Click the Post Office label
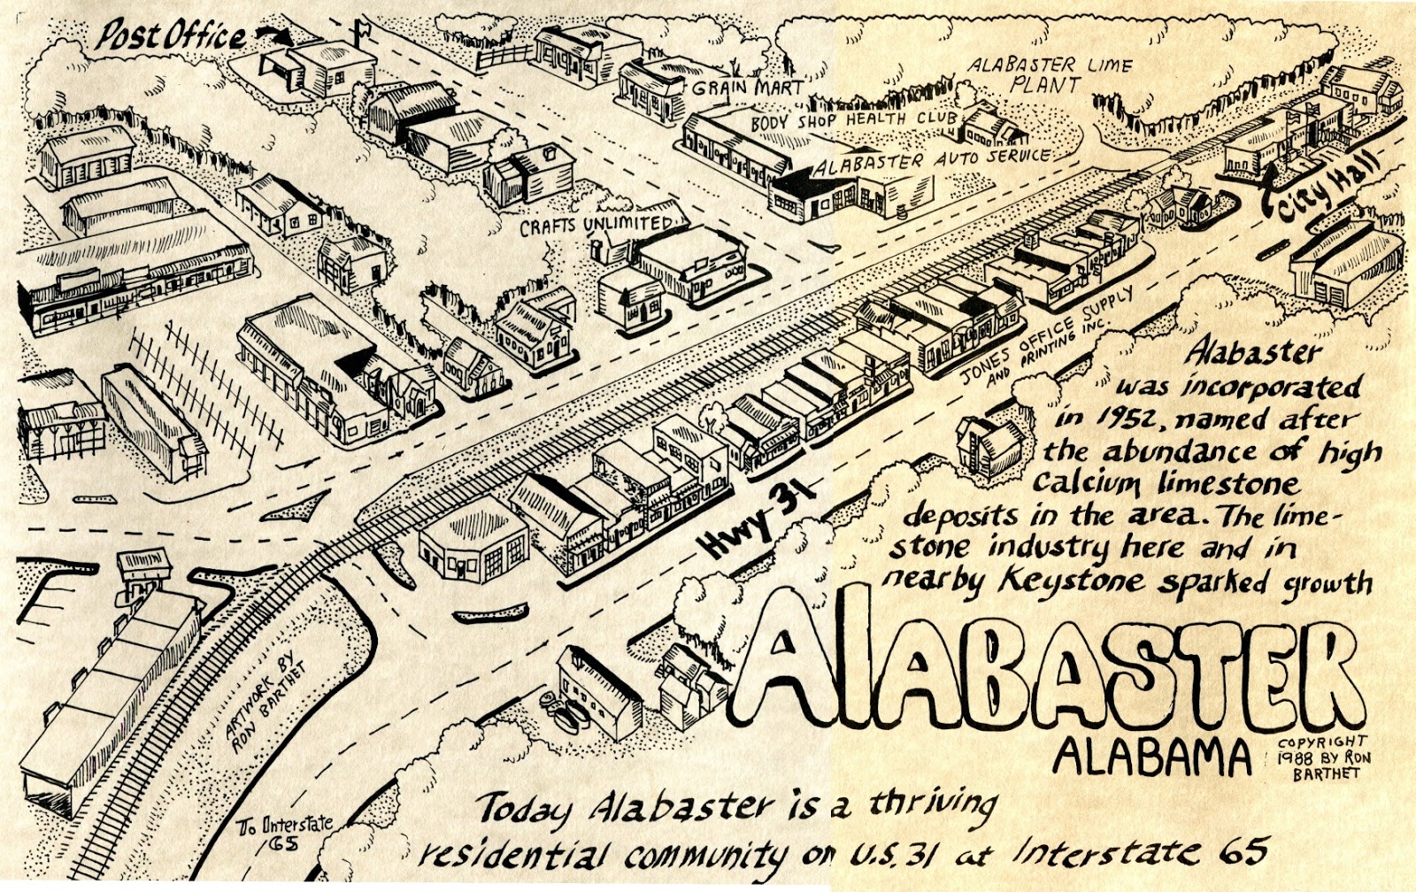pyautogui.click(x=170, y=35)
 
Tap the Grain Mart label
pyautogui.click(x=748, y=88)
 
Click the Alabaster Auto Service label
pyautogui.click(x=933, y=161)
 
